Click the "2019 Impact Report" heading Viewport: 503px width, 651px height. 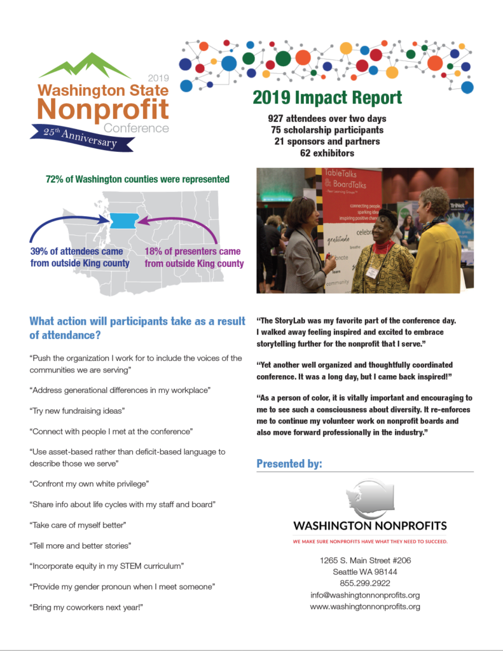[327, 98]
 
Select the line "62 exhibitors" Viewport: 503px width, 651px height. [327, 153]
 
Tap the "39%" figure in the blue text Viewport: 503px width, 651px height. [41, 252]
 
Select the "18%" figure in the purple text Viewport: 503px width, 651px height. [156, 252]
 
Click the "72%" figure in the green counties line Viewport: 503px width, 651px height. [56, 179]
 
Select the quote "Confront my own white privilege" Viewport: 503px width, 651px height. [89, 484]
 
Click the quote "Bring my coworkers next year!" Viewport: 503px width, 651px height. [86, 607]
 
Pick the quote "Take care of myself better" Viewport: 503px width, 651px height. [78, 525]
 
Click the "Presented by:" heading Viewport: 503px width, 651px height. [289, 464]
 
